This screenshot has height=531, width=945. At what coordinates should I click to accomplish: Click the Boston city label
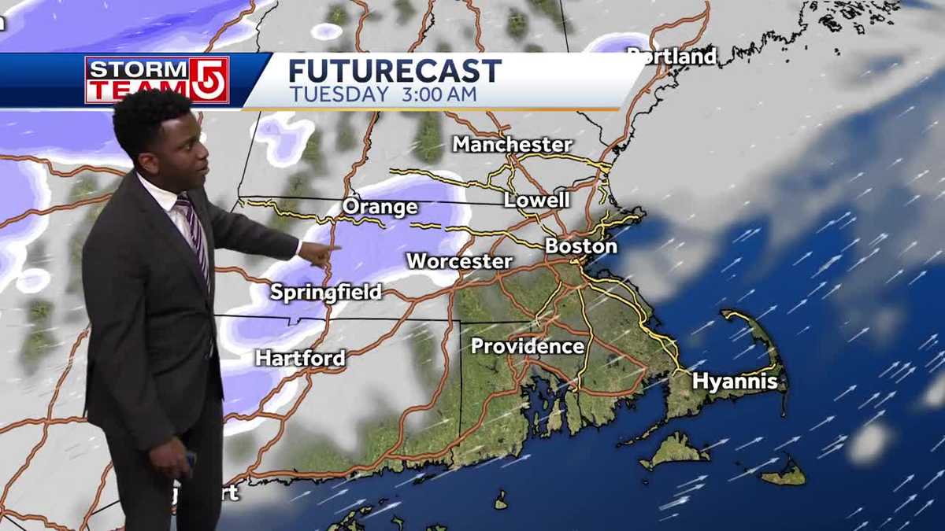point(581,246)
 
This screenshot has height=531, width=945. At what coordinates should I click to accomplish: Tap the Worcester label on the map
point(459,261)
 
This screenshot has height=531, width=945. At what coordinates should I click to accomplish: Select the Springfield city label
point(325,293)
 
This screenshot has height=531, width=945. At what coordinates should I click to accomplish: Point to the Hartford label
point(300,359)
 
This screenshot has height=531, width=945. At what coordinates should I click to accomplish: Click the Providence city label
point(528,346)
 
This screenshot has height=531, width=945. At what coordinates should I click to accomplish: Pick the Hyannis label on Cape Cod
point(735,382)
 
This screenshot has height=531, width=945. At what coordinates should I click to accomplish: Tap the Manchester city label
point(512,145)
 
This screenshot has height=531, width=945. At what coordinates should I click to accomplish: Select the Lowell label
point(536,200)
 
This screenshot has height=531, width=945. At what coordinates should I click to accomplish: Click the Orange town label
point(380,208)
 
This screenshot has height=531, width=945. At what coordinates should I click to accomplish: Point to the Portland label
point(672,57)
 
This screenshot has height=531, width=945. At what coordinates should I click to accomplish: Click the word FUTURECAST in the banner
point(395,71)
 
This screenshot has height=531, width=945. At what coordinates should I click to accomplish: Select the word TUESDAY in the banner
point(339,94)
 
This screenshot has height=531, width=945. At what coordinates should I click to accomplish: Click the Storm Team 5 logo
point(157,79)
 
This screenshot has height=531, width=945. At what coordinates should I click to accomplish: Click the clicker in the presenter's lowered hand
point(190,459)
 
